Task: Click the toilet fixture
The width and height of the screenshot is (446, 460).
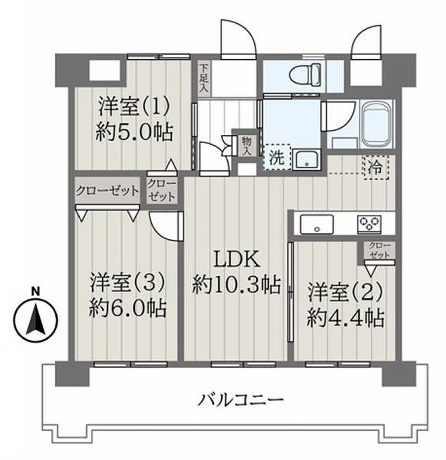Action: pyautogui.click(x=305, y=75)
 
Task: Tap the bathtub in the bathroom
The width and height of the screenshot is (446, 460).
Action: pyautogui.click(x=377, y=125)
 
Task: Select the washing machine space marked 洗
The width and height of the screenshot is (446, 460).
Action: pyautogui.click(x=277, y=157)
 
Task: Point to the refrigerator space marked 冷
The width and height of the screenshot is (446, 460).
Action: pyautogui.click(x=377, y=168)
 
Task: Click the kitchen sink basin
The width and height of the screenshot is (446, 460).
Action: pyautogui.click(x=317, y=225)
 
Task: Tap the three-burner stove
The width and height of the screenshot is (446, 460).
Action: pyautogui.click(x=369, y=225)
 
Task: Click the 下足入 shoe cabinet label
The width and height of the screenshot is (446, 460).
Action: pyautogui.click(x=203, y=78)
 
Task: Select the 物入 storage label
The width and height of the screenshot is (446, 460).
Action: pyautogui.click(x=246, y=146)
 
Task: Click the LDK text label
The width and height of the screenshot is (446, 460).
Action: pyautogui.click(x=237, y=259)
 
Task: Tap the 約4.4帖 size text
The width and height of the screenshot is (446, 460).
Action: pyautogui.click(x=346, y=318)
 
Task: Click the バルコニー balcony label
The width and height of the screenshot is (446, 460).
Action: pyautogui.click(x=241, y=400)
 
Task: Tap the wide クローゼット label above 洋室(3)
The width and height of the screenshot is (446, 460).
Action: pyautogui.click(x=107, y=191)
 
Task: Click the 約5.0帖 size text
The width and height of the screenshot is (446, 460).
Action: pyautogui.click(x=135, y=132)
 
